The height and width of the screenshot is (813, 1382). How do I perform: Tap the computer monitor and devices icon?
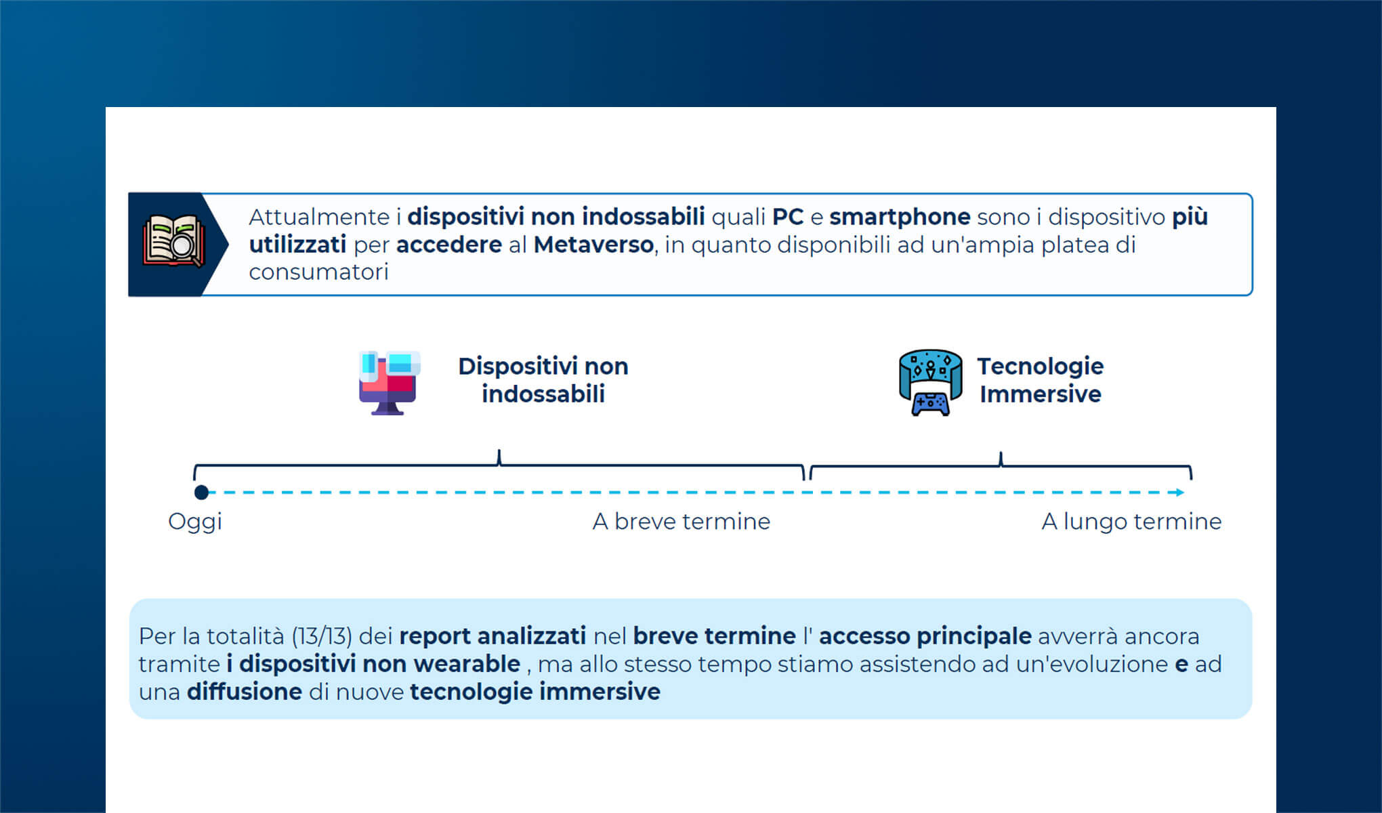coord(389,383)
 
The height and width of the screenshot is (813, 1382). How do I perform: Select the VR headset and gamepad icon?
coord(930,383)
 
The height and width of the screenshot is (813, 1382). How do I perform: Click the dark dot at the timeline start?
coord(201,493)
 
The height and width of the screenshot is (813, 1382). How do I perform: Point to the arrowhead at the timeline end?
coord(1180,493)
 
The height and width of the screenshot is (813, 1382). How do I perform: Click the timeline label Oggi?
coord(195,522)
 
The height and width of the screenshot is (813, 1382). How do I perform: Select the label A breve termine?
coord(681,522)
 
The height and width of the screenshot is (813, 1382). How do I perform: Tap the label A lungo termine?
coord(1131,522)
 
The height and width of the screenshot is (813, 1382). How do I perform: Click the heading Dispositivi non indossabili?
coord(543,380)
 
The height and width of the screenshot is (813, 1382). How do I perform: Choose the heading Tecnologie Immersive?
coord(1040,380)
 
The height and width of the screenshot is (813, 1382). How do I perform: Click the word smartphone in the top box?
coord(900,217)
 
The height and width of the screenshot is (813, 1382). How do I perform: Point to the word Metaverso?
coord(593,245)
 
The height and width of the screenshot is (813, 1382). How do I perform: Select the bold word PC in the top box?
coord(787,217)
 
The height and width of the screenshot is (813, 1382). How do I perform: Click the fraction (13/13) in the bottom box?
coord(322,637)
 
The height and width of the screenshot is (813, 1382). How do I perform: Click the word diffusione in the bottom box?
coord(245,692)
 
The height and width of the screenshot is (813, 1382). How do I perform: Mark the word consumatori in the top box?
coord(318,272)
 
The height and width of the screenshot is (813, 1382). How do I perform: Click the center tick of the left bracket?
coord(499,457)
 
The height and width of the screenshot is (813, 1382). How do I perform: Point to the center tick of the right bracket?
coord(1001,459)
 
